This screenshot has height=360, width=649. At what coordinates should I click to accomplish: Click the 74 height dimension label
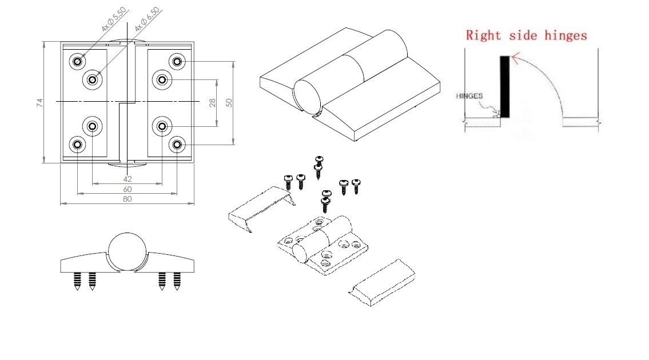pos(39,103)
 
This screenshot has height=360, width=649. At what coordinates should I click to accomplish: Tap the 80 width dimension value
pos(127,199)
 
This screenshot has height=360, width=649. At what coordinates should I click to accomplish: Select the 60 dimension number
pos(127,189)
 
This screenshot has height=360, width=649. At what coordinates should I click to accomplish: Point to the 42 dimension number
pos(127,179)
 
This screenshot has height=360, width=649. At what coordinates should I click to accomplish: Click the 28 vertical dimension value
pos(212,103)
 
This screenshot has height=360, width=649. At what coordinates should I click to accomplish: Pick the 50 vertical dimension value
pos(229,103)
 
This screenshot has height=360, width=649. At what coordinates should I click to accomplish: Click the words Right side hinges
pos(526,35)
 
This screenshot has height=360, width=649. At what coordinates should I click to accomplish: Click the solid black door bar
pos(504,85)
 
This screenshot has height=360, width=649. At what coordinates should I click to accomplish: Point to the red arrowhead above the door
pos(515,57)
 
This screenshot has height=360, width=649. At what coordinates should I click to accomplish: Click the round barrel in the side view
pos(128,251)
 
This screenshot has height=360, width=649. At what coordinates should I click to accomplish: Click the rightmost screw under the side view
pos(177,281)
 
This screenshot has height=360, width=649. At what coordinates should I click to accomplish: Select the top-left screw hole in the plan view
pos(77,61)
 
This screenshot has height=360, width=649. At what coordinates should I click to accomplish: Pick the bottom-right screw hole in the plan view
pos(177,145)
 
